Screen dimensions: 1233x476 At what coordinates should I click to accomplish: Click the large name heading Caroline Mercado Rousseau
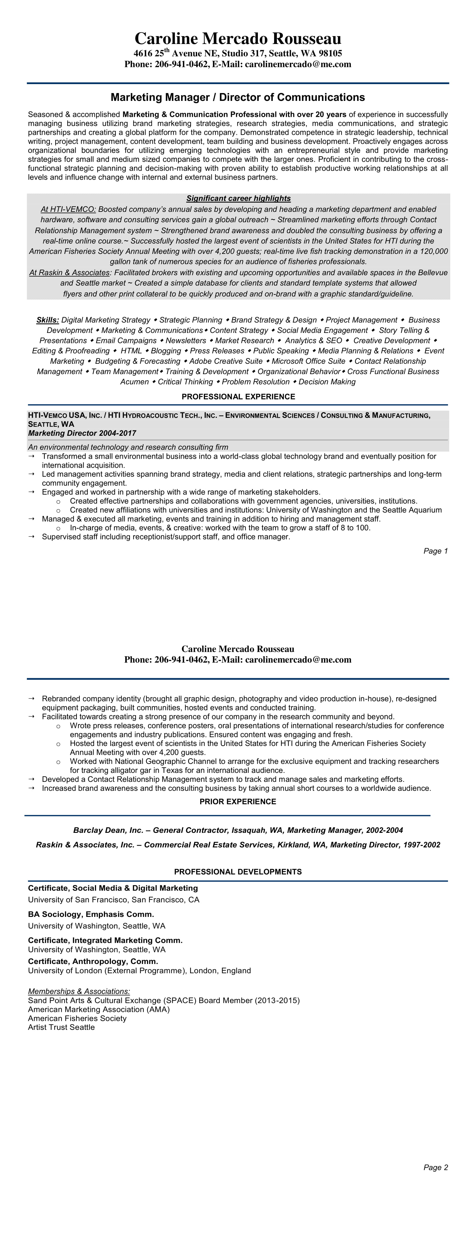point(238,39)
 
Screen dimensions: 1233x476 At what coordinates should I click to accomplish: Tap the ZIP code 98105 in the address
point(330,54)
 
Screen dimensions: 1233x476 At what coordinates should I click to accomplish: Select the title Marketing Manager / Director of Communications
point(238,98)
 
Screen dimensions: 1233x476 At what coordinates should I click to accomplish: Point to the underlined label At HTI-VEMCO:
point(68,209)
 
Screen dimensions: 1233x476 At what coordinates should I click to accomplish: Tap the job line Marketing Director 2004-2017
point(82,433)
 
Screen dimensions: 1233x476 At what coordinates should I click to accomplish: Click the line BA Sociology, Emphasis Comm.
point(91,914)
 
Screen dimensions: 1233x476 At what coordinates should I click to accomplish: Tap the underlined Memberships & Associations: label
point(79,991)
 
